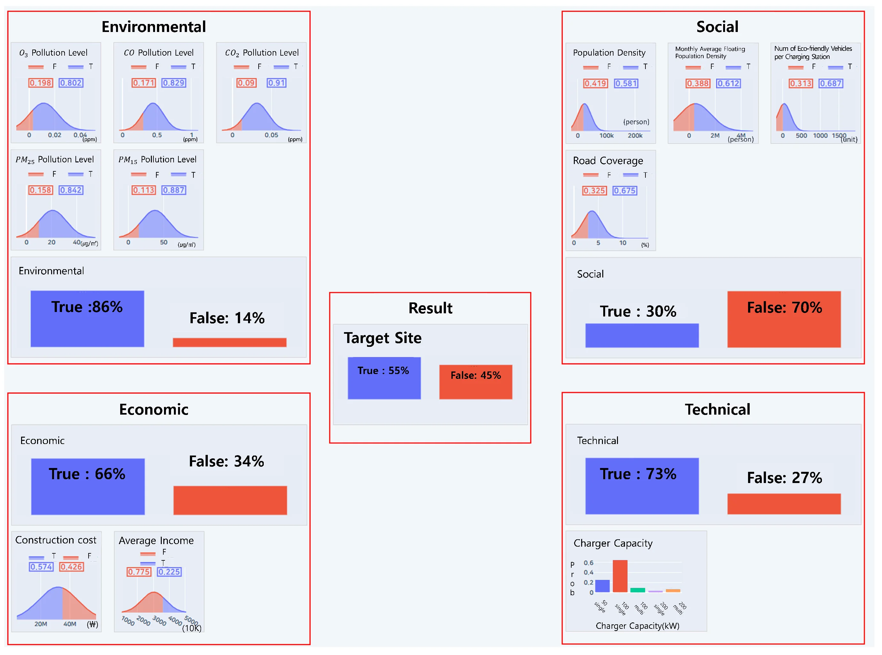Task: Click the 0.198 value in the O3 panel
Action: click(40, 83)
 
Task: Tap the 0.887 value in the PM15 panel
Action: click(174, 190)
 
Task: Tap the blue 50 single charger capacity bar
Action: click(602, 586)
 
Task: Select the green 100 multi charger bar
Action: click(637, 590)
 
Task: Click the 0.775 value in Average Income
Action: click(139, 572)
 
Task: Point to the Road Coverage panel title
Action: click(608, 160)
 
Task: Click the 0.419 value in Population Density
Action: click(595, 83)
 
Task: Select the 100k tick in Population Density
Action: click(606, 136)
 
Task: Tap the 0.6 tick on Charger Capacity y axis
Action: click(588, 563)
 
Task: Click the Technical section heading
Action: click(717, 409)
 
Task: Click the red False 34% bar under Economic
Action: click(230, 500)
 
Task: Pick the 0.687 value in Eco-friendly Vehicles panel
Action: click(831, 83)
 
